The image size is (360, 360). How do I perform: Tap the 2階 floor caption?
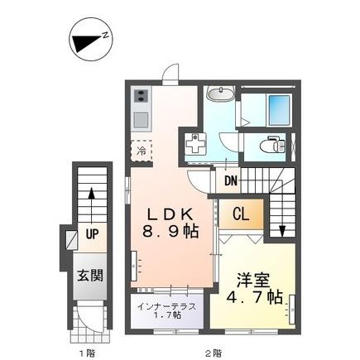[214, 352]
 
